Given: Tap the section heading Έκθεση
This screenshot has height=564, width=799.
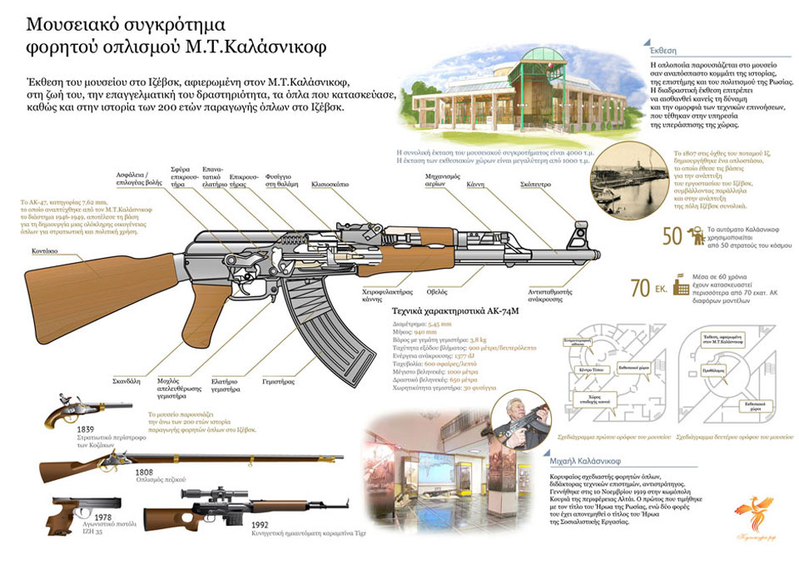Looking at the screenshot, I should tap(662, 48).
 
